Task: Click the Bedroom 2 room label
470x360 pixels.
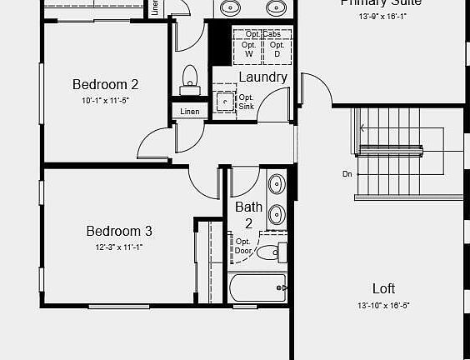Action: coord(105,84)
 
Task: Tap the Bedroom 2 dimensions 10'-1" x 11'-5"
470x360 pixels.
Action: coord(105,100)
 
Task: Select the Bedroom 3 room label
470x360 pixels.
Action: coord(119,231)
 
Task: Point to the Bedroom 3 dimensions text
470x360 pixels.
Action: coord(119,247)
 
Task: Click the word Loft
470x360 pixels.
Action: coord(383,288)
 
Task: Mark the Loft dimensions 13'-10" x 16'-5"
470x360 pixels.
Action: coord(383,305)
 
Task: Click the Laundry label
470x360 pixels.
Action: coord(262,77)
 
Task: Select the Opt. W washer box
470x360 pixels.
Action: coord(248,49)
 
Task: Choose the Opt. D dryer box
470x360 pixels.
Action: coord(277,49)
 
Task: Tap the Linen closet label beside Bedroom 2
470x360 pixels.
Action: coord(189,111)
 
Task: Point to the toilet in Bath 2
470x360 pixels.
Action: coord(269,252)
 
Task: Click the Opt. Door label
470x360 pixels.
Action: coord(243,246)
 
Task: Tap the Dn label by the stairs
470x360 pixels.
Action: coord(347,174)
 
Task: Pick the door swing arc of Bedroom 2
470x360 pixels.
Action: coord(152,144)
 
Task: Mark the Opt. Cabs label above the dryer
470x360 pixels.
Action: coord(262,33)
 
